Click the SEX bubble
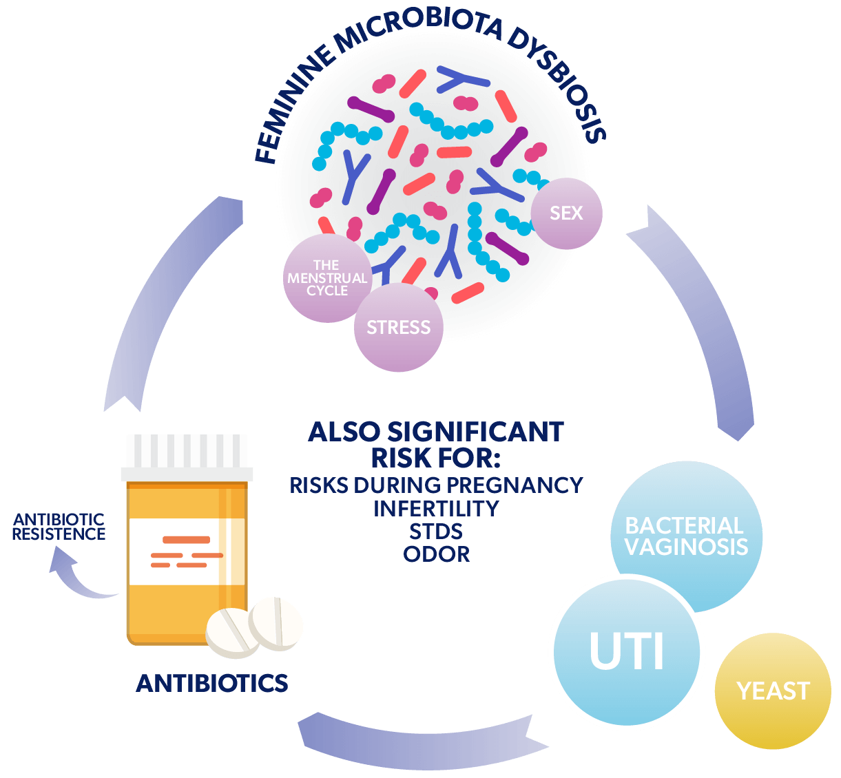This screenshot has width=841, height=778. [x=567, y=213]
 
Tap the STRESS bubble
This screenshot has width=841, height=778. [x=398, y=328]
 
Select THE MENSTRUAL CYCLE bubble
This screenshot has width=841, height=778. [x=327, y=278]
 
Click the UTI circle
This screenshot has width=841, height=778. [x=627, y=651]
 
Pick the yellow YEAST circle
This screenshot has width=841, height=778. [x=773, y=691]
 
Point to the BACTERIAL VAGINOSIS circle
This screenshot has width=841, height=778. [x=686, y=536]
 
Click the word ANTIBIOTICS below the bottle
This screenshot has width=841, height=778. [x=212, y=683]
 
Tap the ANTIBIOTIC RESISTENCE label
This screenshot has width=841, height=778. [x=59, y=527]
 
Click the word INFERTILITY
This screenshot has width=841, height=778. [x=436, y=509]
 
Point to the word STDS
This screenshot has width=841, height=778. [x=436, y=531]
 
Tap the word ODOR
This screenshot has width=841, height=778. [x=437, y=554]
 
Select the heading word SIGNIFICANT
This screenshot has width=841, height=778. [x=475, y=432]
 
